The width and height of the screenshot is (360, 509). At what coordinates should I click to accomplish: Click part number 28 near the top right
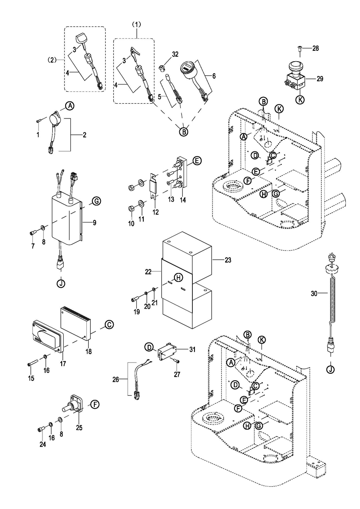tap(316, 49)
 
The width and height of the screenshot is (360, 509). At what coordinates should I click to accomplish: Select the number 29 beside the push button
tap(320, 79)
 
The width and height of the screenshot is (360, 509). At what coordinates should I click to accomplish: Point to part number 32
tap(174, 54)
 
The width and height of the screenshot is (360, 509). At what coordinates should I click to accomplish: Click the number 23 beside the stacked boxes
tap(228, 260)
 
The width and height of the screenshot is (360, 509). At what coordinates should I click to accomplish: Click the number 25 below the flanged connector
tap(79, 428)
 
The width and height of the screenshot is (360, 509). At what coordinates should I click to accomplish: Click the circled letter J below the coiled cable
tap(330, 369)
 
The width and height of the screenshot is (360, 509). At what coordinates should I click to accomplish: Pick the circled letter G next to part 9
tap(96, 201)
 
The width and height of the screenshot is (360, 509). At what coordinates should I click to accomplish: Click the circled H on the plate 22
tap(178, 277)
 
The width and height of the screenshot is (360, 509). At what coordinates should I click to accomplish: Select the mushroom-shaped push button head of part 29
tap(295, 65)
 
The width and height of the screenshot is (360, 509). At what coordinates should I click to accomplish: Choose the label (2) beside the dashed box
tap(52, 60)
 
